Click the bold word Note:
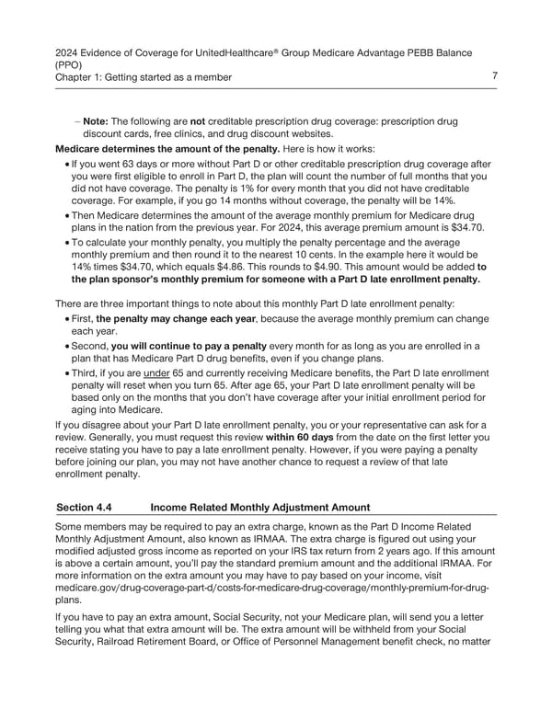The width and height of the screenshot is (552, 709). pyautogui.click(x=98, y=120)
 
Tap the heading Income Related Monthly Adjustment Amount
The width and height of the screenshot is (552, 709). pyautogui.click(x=259, y=507)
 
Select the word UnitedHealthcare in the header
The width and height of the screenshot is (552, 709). pyautogui.click(x=259, y=51)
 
